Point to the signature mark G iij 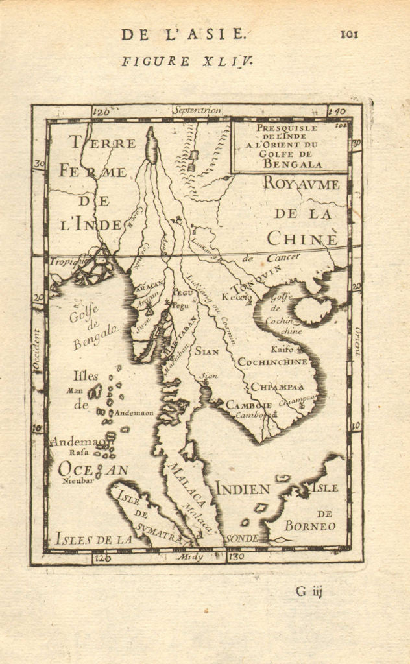click(x=309, y=591)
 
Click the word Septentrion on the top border click(x=197, y=111)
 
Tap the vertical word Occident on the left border click(x=37, y=350)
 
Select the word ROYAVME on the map click(x=301, y=184)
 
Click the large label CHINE click(x=302, y=239)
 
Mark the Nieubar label click(x=74, y=481)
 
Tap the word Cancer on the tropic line click(x=283, y=258)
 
